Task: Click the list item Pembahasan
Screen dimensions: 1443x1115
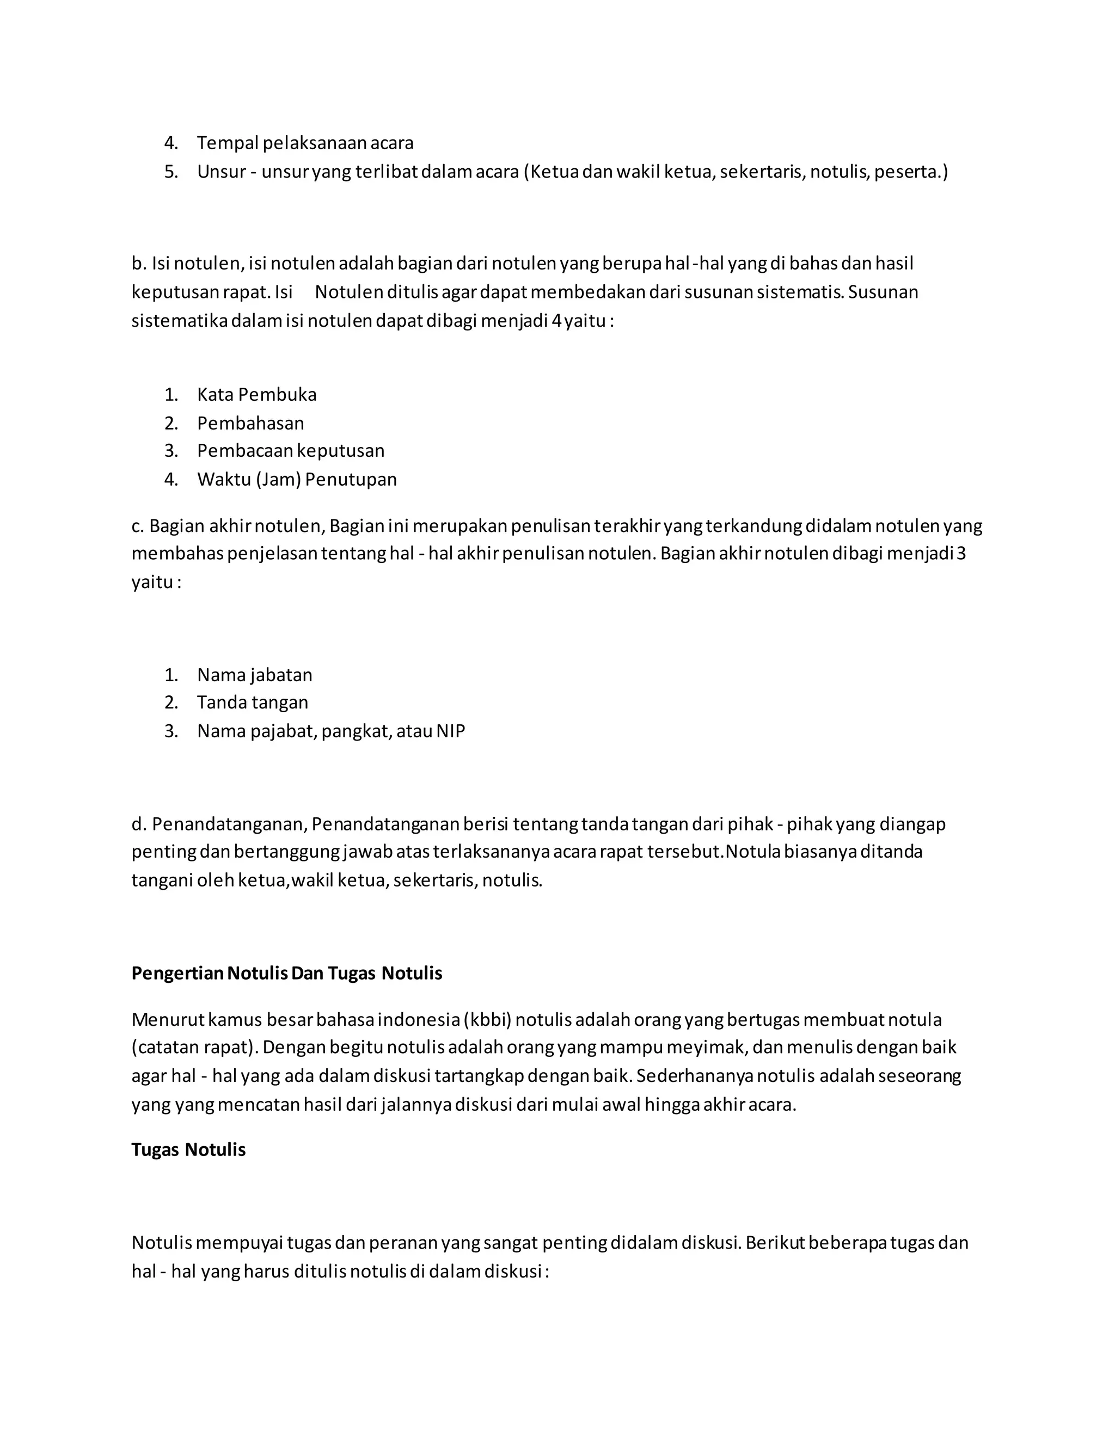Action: pos(250,423)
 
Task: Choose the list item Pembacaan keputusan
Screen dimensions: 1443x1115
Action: pos(291,451)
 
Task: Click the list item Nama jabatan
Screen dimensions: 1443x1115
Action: pos(254,675)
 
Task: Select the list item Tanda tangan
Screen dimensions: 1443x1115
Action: pos(252,702)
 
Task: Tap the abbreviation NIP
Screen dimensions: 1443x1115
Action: pos(450,731)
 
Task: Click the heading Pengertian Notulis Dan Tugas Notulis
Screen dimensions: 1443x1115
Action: pos(287,973)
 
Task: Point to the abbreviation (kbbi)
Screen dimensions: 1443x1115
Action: pos(487,1019)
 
